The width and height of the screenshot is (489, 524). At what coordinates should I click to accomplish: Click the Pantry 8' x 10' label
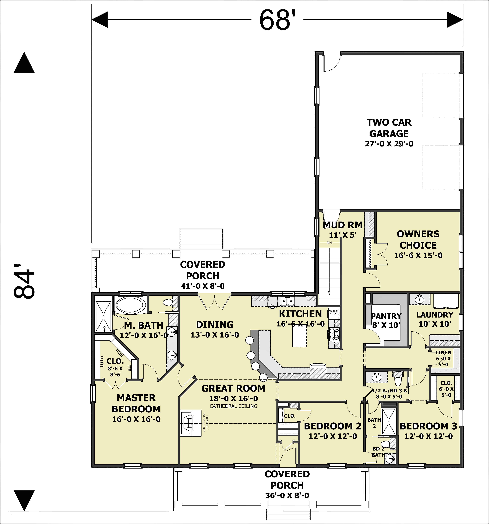(x=386, y=320)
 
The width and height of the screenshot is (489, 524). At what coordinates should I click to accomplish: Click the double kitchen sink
(x=287, y=300)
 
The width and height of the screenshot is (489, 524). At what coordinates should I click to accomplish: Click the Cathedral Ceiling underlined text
(x=233, y=406)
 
